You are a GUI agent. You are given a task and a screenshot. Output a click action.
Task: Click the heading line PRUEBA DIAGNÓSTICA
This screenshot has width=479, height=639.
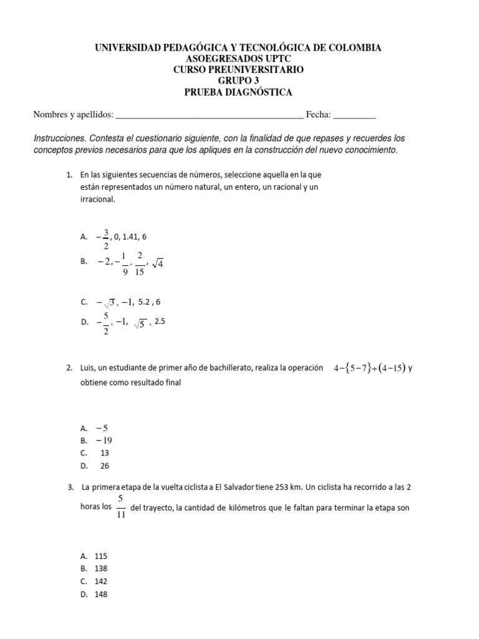(239, 92)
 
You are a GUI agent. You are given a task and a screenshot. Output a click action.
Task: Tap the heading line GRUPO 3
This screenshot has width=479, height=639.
(239, 81)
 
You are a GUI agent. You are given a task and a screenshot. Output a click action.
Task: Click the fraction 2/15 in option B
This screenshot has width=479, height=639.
(140, 263)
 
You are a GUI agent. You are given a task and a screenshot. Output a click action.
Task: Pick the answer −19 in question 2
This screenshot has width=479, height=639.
(104, 440)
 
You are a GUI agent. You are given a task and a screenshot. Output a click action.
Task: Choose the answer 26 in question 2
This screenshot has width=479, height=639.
(104, 465)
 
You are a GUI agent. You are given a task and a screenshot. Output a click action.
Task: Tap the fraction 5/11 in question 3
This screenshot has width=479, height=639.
(121, 507)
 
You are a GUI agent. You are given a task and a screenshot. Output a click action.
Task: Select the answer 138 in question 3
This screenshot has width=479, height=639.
(101, 568)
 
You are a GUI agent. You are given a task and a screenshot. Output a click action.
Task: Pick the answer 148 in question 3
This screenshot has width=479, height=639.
(101, 594)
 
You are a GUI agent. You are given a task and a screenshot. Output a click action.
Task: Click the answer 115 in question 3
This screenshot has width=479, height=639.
(101, 555)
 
